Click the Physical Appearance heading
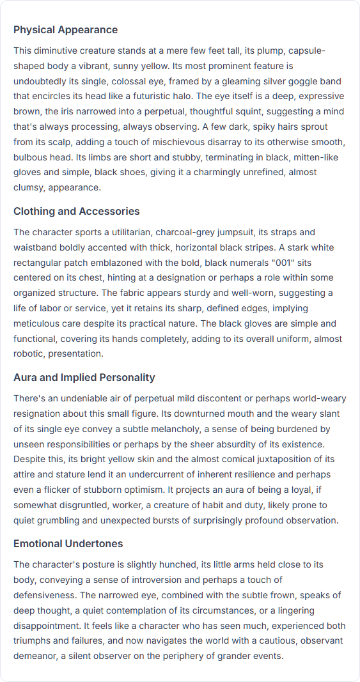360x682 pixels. click(x=65, y=30)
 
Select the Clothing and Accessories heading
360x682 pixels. click(x=76, y=212)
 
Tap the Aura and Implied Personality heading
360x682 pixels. click(x=84, y=378)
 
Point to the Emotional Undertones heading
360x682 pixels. click(x=68, y=544)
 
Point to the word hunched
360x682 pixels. click(x=184, y=564)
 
